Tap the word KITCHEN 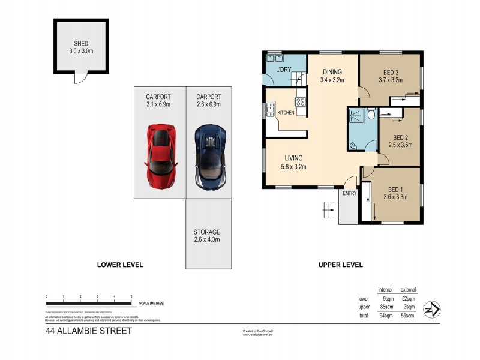[x=286, y=113]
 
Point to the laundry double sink [x=275, y=59]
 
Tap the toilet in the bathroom [x=371, y=113]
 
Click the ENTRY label [x=349, y=193]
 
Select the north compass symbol [x=432, y=309]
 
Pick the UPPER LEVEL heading [x=341, y=265]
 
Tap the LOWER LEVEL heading [x=120, y=265]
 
